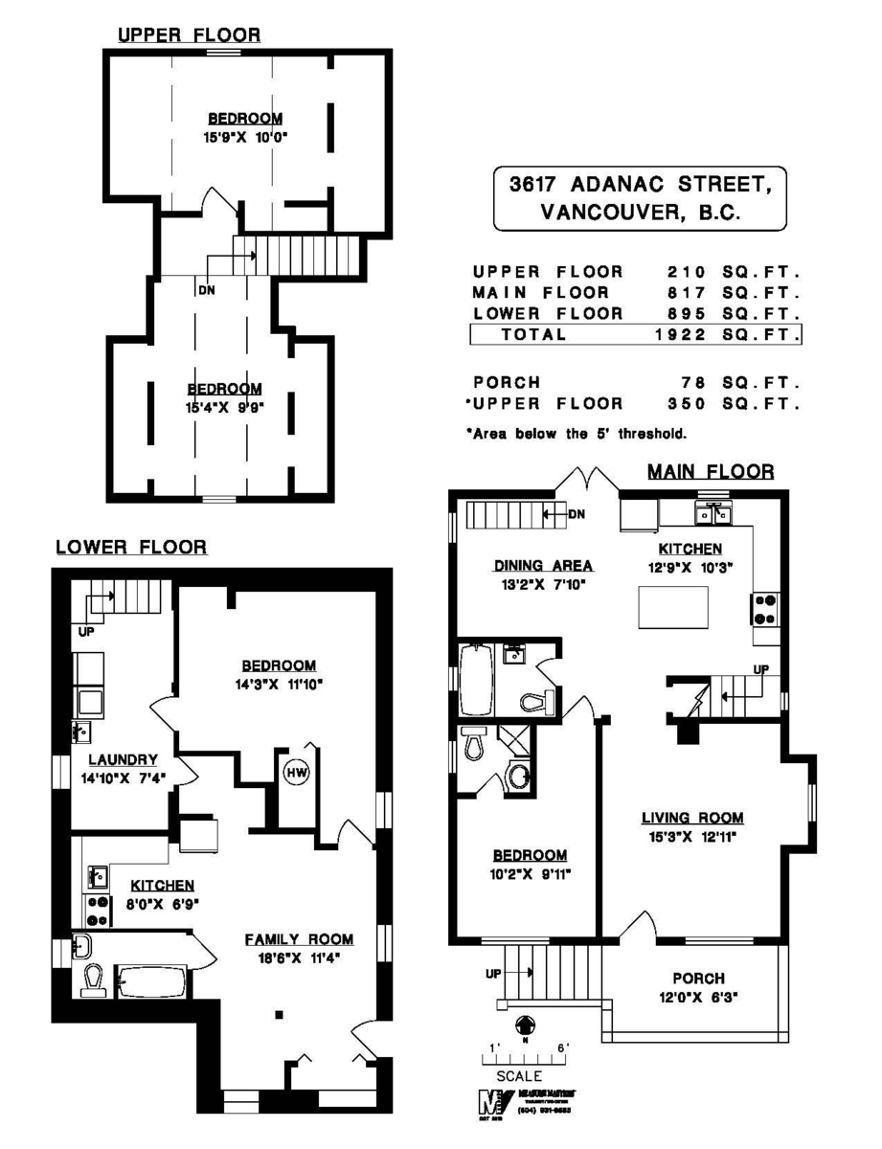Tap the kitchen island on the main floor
click(x=674, y=605)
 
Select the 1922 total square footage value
click(x=680, y=335)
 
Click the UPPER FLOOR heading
click(x=188, y=35)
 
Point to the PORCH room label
click(x=698, y=979)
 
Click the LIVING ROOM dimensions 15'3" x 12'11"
click(x=691, y=836)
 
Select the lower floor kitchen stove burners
click(x=99, y=910)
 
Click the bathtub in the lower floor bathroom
click(x=151, y=980)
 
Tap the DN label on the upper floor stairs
click(x=206, y=290)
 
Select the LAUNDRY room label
click(x=123, y=759)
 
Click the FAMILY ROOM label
click(x=298, y=939)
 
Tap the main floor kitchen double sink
click(x=712, y=514)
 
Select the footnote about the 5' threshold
click(x=577, y=434)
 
